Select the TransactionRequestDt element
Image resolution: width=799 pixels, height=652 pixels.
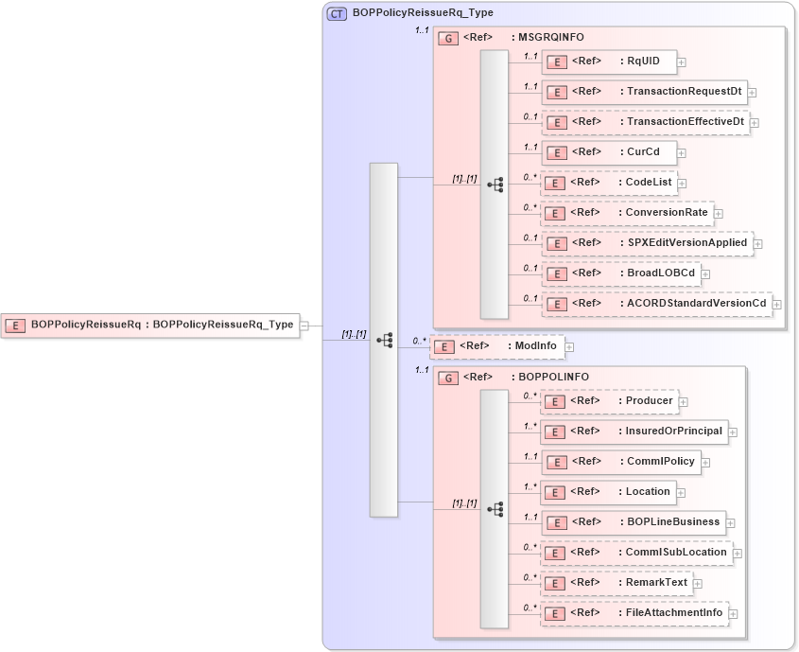coord(643,92)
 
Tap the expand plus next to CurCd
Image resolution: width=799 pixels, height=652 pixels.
coord(682,153)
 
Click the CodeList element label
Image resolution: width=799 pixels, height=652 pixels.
coord(648,182)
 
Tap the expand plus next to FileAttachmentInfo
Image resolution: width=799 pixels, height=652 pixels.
coord(733,614)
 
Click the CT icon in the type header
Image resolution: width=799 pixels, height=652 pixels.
coord(337,13)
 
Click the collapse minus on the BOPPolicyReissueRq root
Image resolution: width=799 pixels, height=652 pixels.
coord(304,325)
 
